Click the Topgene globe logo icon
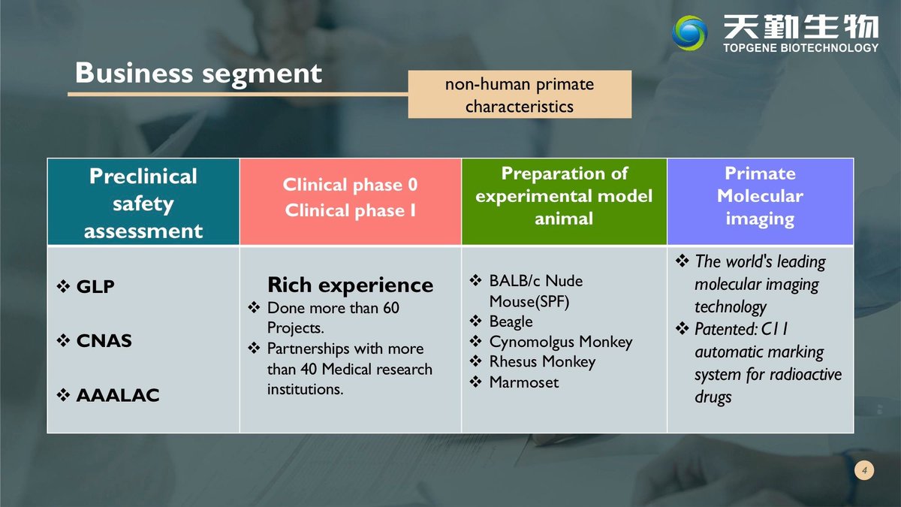click(x=689, y=33)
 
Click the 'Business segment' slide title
click(x=198, y=74)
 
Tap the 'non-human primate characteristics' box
click(x=520, y=94)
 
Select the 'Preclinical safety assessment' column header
click(x=143, y=202)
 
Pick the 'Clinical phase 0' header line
click(x=350, y=185)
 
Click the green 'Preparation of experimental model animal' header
click(x=564, y=201)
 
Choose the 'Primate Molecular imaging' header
click(x=760, y=201)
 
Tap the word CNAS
click(x=104, y=341)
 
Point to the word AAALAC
click(x=118, y=395)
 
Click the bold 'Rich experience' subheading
click(x=351, y=285)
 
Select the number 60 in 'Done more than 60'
click(x=391, y=308)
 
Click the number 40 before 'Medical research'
click(x=309, y=369)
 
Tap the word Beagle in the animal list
click(x=511, y=321)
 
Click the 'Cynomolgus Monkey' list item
click(x=561, y=342)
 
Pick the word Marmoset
click(x=524, y=382)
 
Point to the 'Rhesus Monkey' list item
click(x=542, y=362)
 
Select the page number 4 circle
click(x=864, y=470)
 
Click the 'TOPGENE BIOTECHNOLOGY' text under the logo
click(x=800, y=48)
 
